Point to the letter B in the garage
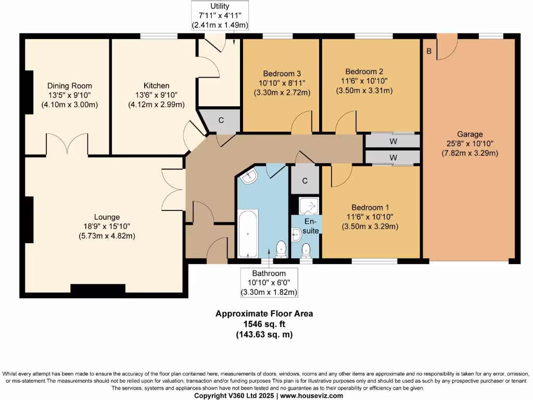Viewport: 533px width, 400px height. click(429, 51)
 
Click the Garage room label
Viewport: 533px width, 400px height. click(470, 134)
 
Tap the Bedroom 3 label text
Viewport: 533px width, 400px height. click(282, 73)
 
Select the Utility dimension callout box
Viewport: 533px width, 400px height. click(220, 16)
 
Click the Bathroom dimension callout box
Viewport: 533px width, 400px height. click(269, 283)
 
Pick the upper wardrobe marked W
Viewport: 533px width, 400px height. click(392, 141)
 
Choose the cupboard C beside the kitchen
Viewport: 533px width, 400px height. click(221, 120)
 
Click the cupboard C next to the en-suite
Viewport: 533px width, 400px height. click(305, 181)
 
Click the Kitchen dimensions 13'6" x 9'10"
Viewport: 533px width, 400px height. click(157, 95)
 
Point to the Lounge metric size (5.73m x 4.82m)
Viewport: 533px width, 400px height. click(107, 236)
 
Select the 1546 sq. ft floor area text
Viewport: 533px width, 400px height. click(264, 324)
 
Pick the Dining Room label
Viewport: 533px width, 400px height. click(70, 86)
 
